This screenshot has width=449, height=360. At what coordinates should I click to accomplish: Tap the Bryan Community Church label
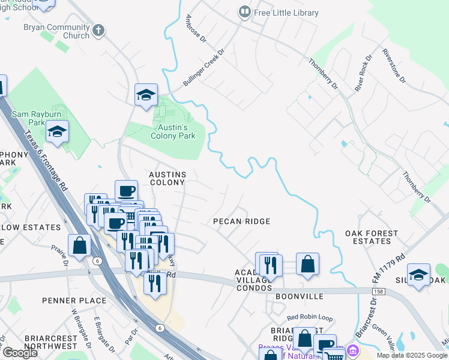click(x=56, y=32)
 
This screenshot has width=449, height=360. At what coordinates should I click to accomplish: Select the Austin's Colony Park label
click(x=172, y=131)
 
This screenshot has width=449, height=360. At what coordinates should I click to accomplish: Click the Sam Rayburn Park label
click(x=28, y=118)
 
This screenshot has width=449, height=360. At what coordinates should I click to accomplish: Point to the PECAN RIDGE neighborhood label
click(x=242, y=221)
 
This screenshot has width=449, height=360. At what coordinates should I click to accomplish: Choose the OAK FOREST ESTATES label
click(x=371, y=237)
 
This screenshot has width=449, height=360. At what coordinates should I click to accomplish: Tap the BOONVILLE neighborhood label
click(x=299, y=296)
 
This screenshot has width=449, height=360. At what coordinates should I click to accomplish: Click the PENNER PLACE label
click(x=74, y=301)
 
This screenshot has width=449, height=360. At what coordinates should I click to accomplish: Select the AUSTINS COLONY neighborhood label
click(x=167, y=178)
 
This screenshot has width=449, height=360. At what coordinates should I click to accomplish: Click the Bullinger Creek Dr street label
click(x=203, y=67)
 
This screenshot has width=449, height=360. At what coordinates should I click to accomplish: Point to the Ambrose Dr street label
click(x=196, y=29)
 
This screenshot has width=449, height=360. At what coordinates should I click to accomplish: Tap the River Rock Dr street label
click(x=363, y=72)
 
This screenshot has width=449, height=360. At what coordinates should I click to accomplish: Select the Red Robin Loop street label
click(x=309, y=317)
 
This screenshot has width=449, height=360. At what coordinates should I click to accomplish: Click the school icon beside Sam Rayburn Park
click(x=57, y=132)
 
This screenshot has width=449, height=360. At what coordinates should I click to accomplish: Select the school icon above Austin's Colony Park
click(x=146, y=95)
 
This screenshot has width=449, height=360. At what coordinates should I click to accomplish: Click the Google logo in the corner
click(x=19, y=353)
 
